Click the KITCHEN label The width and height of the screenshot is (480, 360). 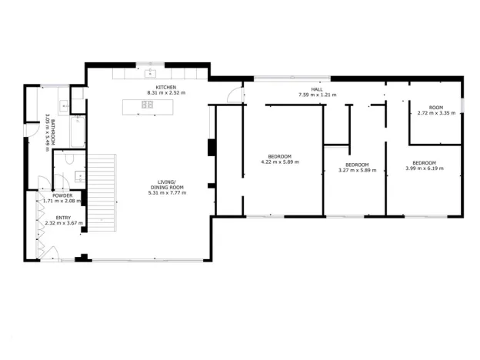click(x=166, y=88)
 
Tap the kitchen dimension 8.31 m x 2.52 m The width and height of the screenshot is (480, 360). click(x=166, y=93)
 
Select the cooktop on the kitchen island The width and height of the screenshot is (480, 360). click(x=147, y=105)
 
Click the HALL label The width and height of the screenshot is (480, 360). click(x=316, y=89)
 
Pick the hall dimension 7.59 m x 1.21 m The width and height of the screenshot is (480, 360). click(x=316, y=95)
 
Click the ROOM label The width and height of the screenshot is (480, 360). click(x=435, y=107)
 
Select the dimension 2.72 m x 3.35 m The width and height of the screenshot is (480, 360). click(x=435, y=112)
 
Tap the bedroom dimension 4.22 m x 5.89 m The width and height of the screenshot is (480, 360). click(x=280, y=162)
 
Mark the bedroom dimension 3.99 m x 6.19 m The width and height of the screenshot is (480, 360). click(x=424, y=168)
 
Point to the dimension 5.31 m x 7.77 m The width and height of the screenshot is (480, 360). click(x=166, y=192)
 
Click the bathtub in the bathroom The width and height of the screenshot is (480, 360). click(x=77, y=132)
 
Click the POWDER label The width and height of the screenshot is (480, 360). click(x=62, y=195)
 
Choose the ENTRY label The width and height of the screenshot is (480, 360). click(x=63, y=218)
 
